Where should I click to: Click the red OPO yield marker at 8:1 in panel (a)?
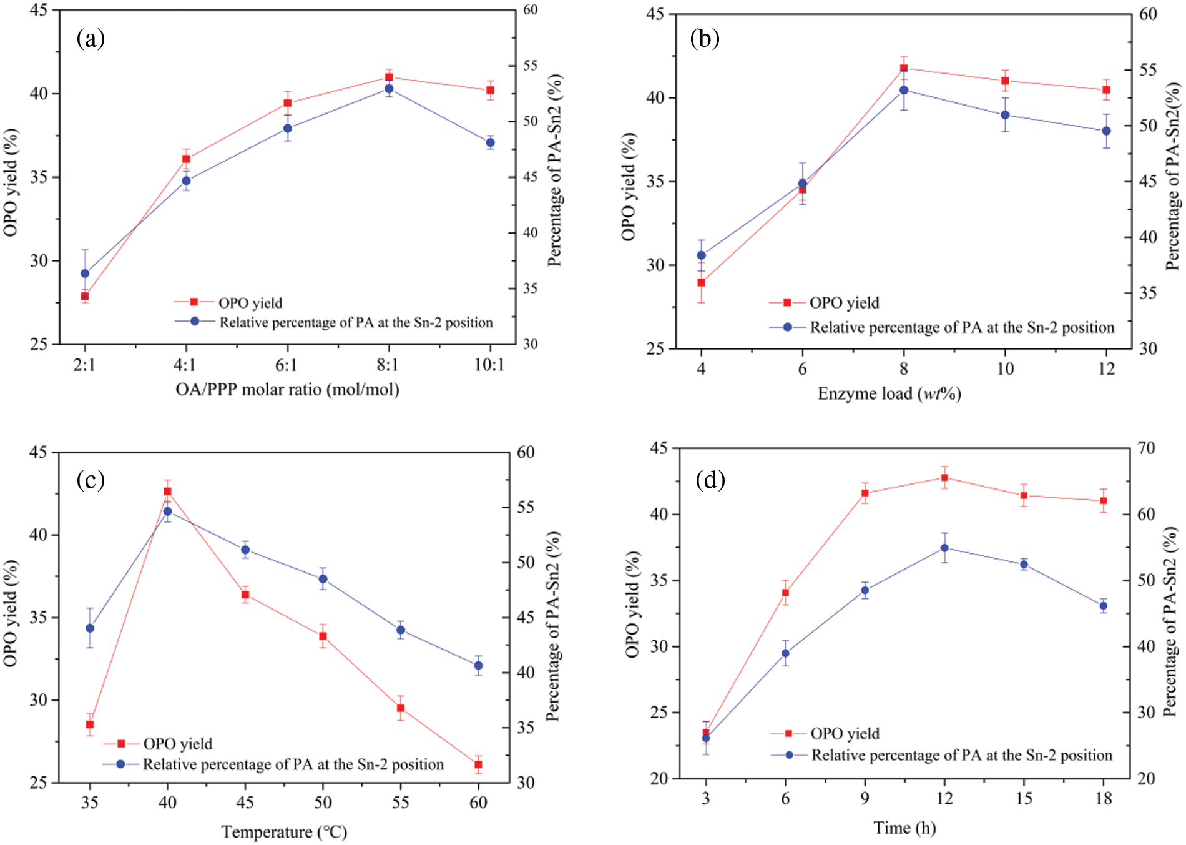389,77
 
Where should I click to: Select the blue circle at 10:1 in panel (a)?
490,142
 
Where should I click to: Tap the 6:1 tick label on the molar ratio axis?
287,365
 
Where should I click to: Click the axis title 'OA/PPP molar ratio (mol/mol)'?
287,390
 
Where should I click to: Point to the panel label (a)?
91,39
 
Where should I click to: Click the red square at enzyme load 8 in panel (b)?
904,68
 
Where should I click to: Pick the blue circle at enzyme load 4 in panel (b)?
702,255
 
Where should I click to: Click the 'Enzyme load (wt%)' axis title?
889,393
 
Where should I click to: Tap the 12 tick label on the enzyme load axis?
1106,369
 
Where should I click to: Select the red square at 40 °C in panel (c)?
167,492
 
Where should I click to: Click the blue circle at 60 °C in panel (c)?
478,665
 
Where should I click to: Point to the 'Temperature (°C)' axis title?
284,832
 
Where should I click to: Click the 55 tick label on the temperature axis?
401,802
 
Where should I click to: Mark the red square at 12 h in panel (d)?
944,478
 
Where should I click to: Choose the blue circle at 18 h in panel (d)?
1104,606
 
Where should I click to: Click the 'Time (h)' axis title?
904,828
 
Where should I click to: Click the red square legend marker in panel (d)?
788,734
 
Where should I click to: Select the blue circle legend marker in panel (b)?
788,327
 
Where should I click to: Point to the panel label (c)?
91,480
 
